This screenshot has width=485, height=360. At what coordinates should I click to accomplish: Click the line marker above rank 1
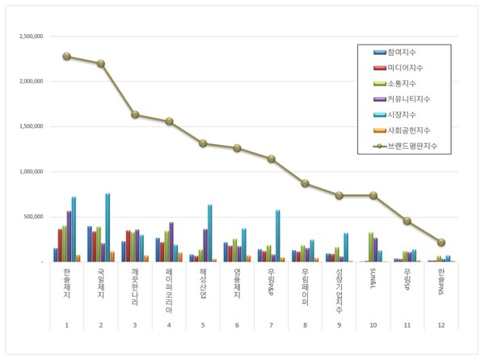click(x=66, y=57)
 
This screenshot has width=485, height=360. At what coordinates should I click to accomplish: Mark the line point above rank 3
click(x=135, y=114)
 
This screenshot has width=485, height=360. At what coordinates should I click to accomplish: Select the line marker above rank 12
click(x=441, y=242)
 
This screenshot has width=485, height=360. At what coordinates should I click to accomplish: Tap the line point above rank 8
click(x=305, y=183)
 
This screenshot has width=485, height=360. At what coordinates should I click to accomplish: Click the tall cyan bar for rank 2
click(x=108, y=227)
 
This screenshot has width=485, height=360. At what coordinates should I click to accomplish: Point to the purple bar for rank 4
click(x=171, y=241)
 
